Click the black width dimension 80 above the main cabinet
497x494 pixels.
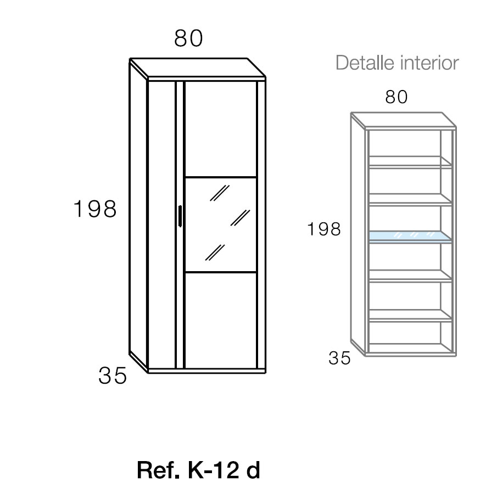point(189,38)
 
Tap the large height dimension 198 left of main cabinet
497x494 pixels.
point(95,209)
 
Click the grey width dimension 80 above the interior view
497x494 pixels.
point(397,97)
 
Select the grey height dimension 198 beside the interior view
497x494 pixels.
point(324,229)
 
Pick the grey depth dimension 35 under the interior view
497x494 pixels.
point(339,358)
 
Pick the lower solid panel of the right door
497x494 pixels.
point(220,319)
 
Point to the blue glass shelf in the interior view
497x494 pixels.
point(411,236)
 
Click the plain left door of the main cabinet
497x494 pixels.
point(161,225)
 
